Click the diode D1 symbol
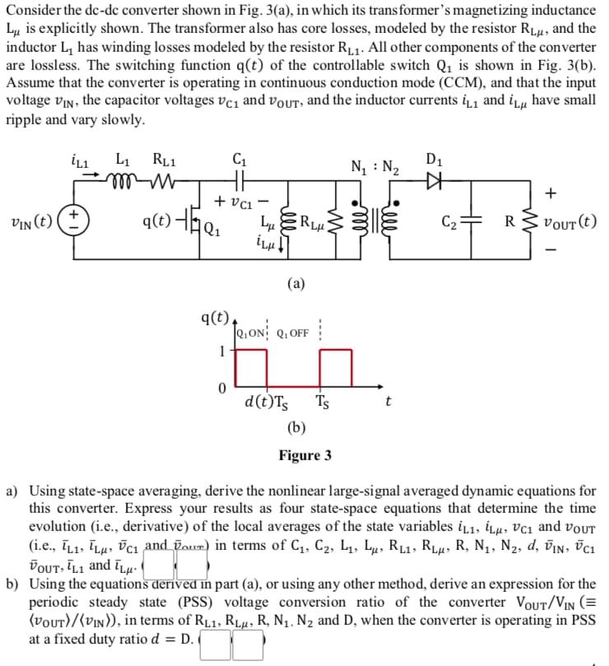pyautogui.click(x=435, y=176)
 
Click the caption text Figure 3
pyautogui.click(x=304, y=455)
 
